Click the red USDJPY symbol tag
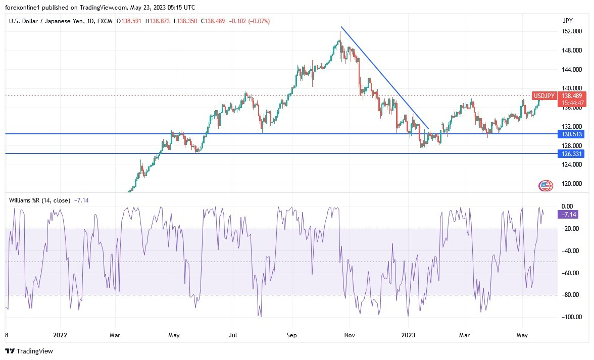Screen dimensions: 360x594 click(544, 96)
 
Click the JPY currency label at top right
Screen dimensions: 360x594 click(567, 21)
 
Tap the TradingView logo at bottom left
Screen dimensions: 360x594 click(29, 351)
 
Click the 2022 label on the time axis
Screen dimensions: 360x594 click(60, 334)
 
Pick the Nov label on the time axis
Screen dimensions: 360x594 click(349, 334)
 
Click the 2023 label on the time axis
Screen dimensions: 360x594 click(408, 334)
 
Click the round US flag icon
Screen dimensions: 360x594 click(545, 185)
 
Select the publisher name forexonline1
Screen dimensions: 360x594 click(23, 8)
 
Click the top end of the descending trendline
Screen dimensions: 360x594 click(341, 27)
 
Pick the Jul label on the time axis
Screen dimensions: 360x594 click(233, 334)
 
